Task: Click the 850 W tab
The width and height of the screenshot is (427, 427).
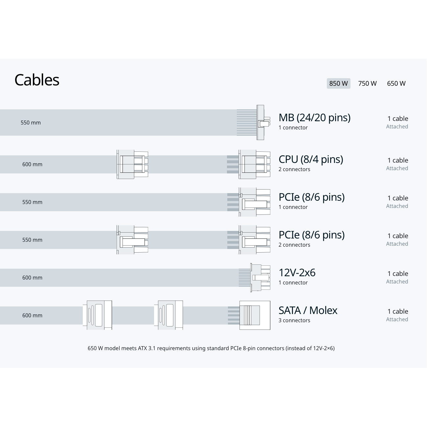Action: (338, 83)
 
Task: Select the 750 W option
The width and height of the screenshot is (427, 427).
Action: (367, 83)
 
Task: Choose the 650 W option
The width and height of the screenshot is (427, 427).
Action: (396, 83)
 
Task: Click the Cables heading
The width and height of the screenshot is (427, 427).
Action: (37, 80)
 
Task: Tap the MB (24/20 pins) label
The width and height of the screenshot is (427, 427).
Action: (314, 118)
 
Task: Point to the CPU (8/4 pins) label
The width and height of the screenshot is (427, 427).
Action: (311, 159)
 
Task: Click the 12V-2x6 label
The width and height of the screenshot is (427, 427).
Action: (297, 273)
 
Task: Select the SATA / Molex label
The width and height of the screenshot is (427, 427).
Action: (308, 310)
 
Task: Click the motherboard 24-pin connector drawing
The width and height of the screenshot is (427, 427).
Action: (263, 122)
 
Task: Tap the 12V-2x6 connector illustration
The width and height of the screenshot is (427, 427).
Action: (260, 278)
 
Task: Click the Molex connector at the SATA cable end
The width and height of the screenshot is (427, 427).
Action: (255, 315)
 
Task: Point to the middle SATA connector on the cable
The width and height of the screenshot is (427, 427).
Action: (169, 315)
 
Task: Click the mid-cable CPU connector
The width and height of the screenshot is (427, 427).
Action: (132, 164)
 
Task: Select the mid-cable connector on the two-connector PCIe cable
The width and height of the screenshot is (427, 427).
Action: (132, 240)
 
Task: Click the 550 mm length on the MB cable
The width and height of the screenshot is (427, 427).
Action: (31, 123)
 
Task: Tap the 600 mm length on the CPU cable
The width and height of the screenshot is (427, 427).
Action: (32, 164)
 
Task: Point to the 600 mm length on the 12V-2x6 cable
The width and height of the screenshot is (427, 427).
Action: (32, 278)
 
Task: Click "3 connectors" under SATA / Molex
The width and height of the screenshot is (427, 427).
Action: (294, 320)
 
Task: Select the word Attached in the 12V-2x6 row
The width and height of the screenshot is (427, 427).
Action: (397, 281)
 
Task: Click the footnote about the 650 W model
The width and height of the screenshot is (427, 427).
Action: (211, 348)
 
